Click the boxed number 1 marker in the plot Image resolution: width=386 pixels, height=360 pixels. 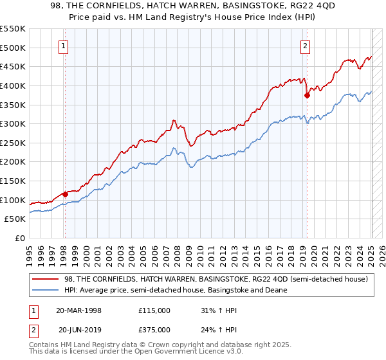coord(64,46)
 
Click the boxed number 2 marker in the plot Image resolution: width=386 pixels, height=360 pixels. coord(304,46)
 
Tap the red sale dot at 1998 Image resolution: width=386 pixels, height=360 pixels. coord(65,194)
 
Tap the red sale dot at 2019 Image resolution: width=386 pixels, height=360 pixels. coord(307,95)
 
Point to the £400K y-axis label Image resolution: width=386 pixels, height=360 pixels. coord(13,85)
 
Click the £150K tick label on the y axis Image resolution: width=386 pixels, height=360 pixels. coord(13,181)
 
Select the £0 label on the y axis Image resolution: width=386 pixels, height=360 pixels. coord(19,238)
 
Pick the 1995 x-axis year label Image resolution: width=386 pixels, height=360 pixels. coord(30,253)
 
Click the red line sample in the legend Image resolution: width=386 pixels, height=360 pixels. coord(45,279)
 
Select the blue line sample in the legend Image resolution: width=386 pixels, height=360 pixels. coord(45,290)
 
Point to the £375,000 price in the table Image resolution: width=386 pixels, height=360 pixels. coord(154,330)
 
